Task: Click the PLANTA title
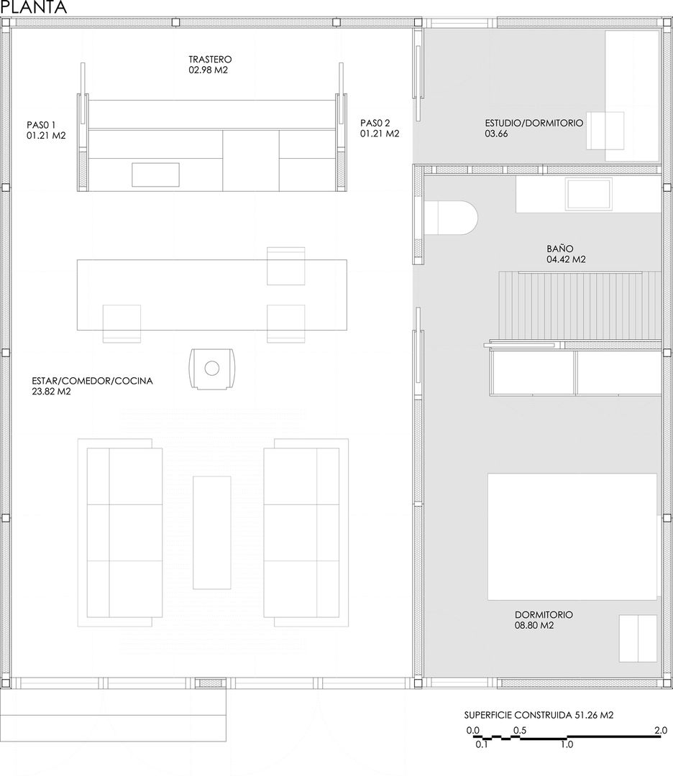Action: (34, 8)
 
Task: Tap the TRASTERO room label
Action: (210, 65)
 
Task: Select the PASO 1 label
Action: (46, 129)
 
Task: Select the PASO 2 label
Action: (380, 128)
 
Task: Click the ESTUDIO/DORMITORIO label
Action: (534, 128)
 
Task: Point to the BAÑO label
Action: (566, 254)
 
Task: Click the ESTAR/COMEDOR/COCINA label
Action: (92, 387)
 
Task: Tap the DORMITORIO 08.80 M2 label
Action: (544, 620)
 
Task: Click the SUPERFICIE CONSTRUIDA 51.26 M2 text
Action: (539, 715)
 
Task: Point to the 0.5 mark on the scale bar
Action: (518, 730)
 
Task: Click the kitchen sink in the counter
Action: (155, 175)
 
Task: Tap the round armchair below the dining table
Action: (211, 369)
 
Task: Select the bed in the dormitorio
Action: (572, 536)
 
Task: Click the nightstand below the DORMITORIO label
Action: (638, 638)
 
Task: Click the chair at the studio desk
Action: (605, 130)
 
